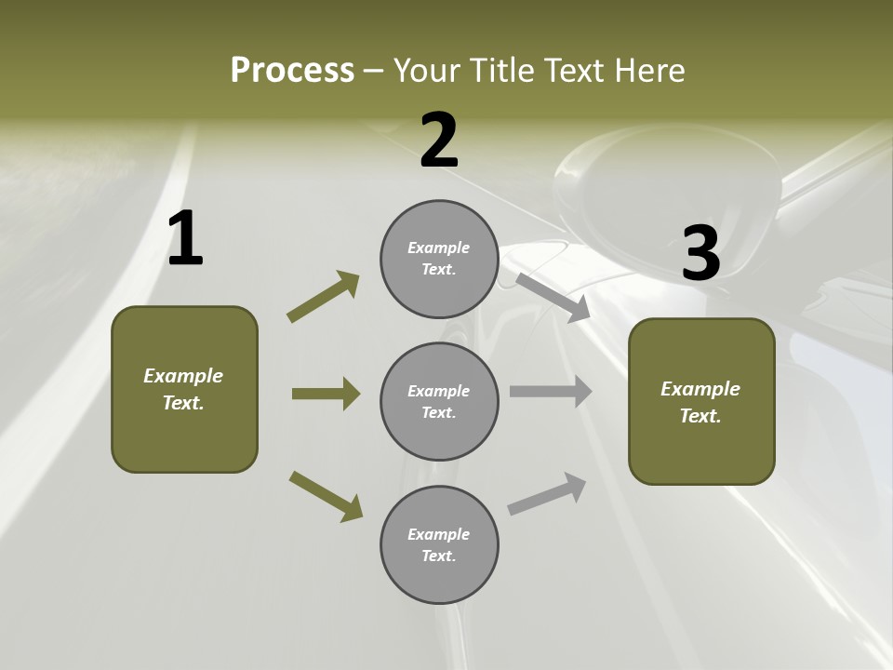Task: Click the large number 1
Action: pos(185,239)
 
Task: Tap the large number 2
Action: pos(439,141)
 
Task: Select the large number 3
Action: pos(700,254)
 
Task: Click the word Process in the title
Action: pos(292,70)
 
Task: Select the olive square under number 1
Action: pos(184,437)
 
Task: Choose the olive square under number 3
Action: pos(701,451)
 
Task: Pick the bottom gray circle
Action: pos(439,582)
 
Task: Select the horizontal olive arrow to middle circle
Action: pos(326,394)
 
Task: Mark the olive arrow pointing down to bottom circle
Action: pos(326,496)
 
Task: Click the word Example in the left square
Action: pos(183,376)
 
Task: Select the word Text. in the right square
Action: pos(700,416)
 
